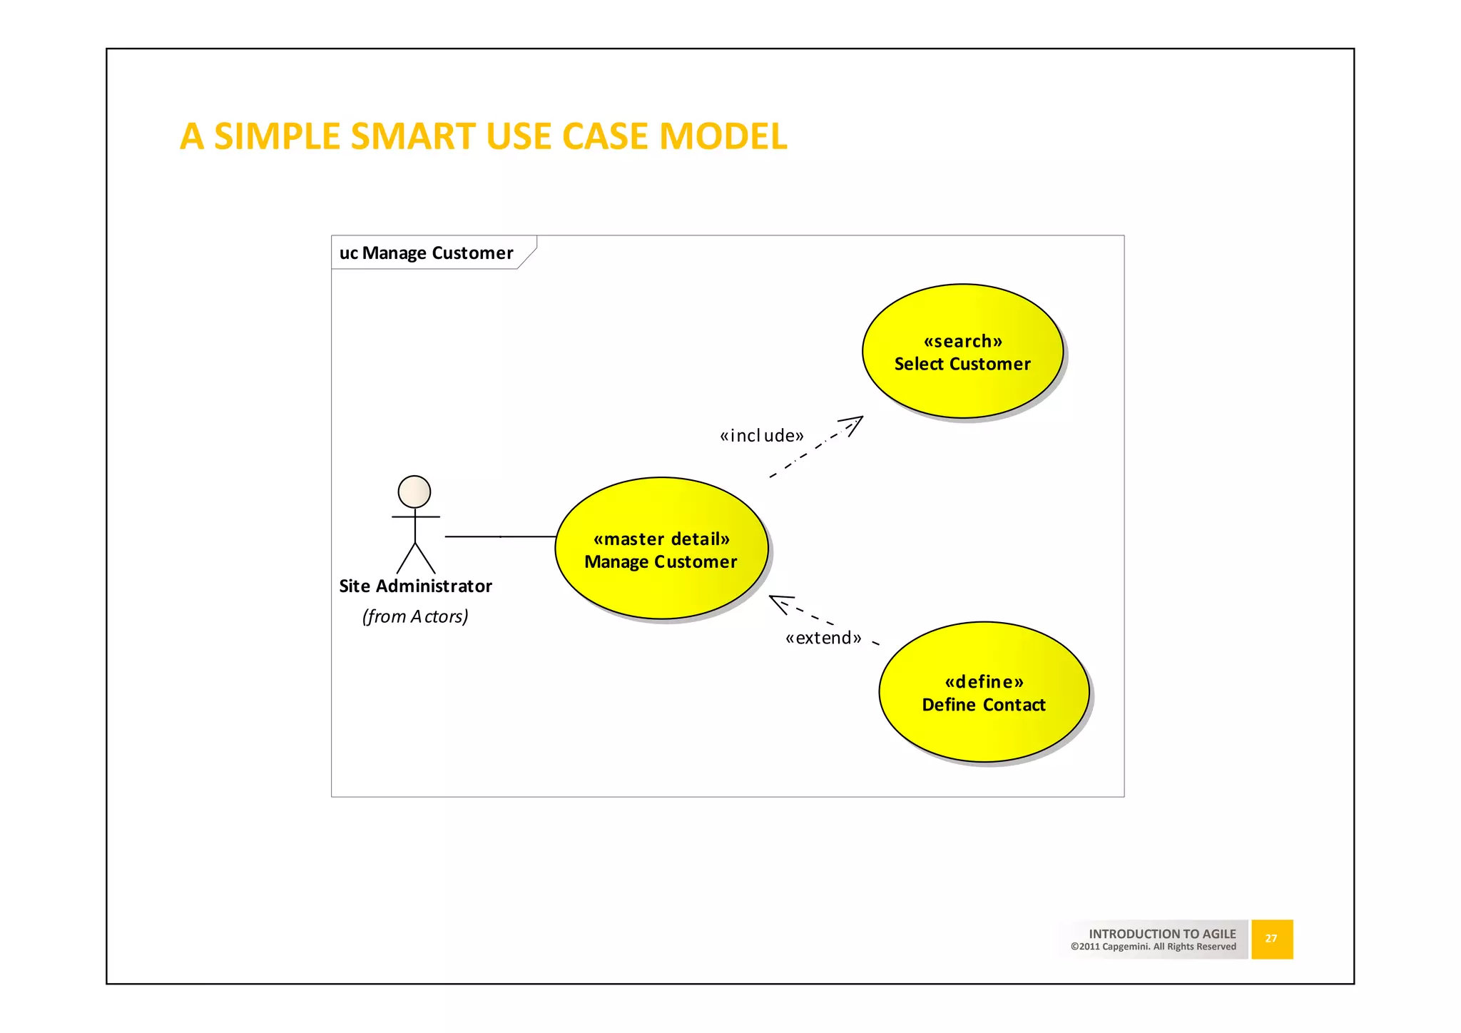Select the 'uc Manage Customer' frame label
pyautogui.click(x=427, y=253)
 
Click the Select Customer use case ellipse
pyautogui.click(x=962, y=389)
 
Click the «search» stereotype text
pyautogui.click(x=962, y=341)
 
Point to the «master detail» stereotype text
pyautogui.click(x=661, y=539)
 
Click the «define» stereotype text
pyautogui.click(x=984, y=681)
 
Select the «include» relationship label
pyautogui.click(x=761, y=435)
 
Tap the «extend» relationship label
pyautogui.click(x=823, y=638)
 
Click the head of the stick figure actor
pyautogui.click(x=414, y=492)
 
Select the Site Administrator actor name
pyautogui.click(x=415, y=586)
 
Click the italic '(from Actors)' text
pyautogui.click(x=415, y=616)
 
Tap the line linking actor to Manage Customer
pyautogui.click(x=499, y=536)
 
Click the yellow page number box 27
pyautogui.click(x=1271, y=939)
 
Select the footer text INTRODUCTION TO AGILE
pyautogui.click(x=1161, y=933)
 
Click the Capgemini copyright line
pyautogui.click(x=1153, y=947)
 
